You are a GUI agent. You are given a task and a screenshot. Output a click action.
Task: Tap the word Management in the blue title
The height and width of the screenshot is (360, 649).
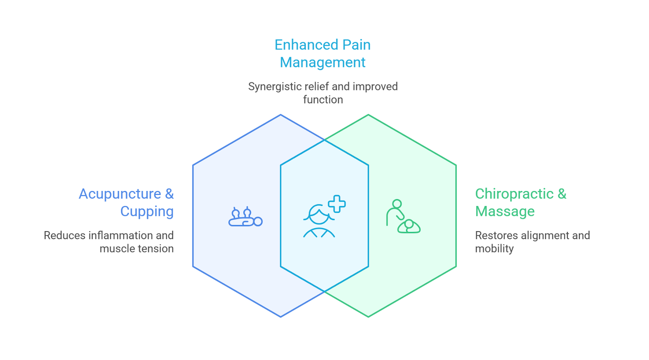[322, 62]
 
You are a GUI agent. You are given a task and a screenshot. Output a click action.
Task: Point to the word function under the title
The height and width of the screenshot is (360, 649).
[323, 100]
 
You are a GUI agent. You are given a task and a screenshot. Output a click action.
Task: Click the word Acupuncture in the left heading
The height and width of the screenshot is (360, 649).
[120, 194]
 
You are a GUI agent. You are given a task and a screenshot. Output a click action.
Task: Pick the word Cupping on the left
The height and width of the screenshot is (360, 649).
[147, 212]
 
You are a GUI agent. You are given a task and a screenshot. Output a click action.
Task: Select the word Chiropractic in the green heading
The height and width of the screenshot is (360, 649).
[514, 194]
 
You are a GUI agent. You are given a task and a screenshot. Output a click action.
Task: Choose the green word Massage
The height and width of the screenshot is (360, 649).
[505, 212]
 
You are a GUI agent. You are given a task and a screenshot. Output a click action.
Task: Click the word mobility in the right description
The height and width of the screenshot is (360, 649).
[494, 249]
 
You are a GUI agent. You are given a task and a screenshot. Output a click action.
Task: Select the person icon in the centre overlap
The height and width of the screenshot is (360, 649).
[319, 221]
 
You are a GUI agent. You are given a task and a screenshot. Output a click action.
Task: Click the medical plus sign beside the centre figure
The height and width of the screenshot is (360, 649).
[337, 204]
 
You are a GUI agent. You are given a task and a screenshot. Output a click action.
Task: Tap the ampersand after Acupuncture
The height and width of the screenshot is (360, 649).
[169, 194]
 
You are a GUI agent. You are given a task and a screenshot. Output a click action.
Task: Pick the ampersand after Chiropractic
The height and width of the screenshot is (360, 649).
[562, 194]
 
